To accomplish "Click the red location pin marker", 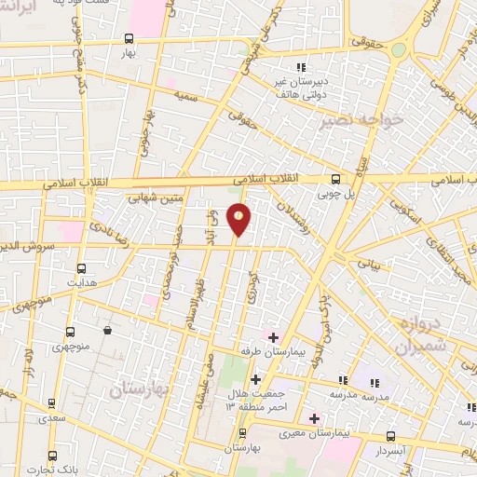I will tap(239, 218).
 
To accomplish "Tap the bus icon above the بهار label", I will tap(129, 39).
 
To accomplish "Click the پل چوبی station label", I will tap(336, 196).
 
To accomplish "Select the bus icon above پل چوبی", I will tap(335, 180).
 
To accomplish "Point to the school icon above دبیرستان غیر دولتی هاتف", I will tap(300, 68).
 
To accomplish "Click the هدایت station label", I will tap(80, 279).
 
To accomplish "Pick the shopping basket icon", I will tap(109, 330).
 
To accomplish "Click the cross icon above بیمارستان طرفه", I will tap(272, 336).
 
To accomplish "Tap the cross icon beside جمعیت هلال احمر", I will tap(255, 378).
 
